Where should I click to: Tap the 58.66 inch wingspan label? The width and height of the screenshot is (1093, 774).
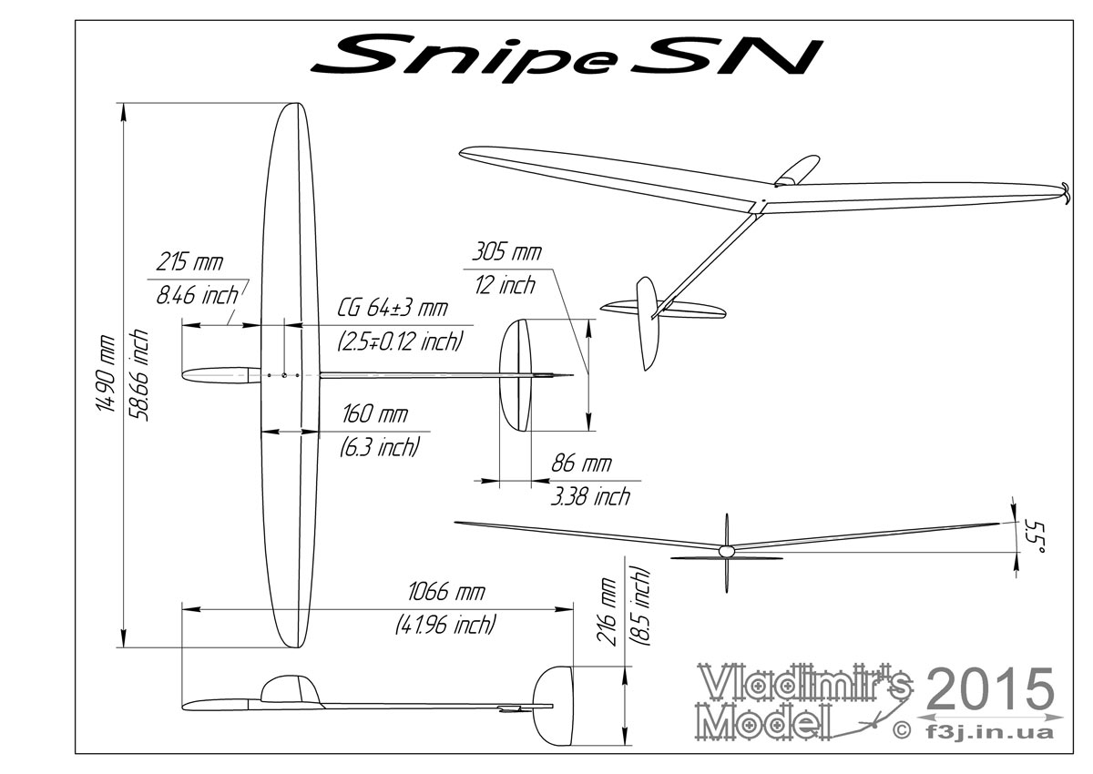tap(138, 374)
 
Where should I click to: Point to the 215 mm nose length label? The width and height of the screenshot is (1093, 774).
tap(189, 262)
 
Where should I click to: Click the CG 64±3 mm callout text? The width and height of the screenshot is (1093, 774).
tap(392, 309)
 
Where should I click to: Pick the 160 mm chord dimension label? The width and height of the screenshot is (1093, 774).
tap(374, 414)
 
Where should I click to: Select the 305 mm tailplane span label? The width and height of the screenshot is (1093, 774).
tap(506, 252)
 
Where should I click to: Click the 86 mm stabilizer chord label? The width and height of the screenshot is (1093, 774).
tap(581, 463)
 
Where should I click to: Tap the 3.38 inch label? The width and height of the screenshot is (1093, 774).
tap(590, 496)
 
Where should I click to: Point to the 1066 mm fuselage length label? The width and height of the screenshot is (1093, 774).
tap(446, 592)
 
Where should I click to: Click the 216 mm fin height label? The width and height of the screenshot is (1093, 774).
tap(608, 612)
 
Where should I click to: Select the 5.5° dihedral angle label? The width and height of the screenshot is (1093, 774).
tap(1034, 537)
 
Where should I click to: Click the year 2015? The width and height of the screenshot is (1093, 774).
tap(990, 689)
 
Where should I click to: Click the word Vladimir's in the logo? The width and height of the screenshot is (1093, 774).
tap(805, 683)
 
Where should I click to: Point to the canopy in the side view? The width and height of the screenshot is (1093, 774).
tap(291, 688)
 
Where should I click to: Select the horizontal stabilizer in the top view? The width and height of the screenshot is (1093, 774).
tap(516, 375)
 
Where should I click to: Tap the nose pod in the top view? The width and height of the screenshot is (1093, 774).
tap(221, 375)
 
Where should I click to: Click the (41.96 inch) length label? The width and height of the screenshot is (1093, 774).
tap(446, 625)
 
